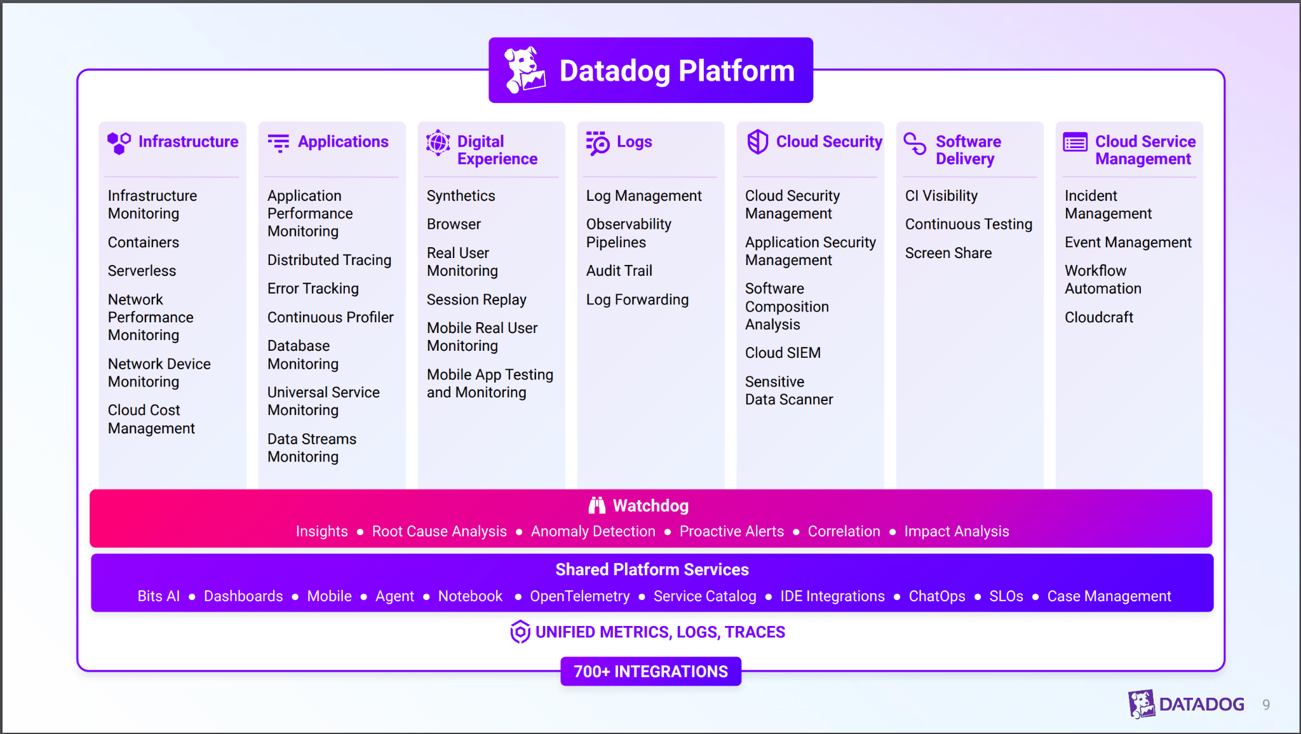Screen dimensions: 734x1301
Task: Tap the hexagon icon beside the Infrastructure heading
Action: point(119,143)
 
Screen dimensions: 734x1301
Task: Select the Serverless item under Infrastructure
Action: point(142,271)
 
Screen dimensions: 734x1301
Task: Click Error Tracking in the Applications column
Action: point(313,289)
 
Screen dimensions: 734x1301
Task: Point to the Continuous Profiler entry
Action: point(330,317)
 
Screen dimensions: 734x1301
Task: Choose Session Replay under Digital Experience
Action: point(476,299)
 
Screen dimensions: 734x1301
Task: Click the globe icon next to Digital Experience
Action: point(438,142)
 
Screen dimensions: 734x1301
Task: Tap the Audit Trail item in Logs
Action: point(619,271)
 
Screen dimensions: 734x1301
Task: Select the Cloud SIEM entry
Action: point(783,353)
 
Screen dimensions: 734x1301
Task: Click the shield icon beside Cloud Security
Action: point(757,142)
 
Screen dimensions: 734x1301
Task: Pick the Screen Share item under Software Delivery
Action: point(948,253)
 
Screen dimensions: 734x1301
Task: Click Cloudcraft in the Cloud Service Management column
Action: point(1098,317)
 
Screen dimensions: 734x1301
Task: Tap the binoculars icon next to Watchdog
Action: point(597,505)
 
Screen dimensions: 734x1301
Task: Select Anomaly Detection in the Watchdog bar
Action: point(593,531)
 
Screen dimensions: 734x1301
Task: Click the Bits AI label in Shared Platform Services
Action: point(158,596)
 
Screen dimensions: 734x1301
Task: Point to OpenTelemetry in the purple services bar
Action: point(579,596)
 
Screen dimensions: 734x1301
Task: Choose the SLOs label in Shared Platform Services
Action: point(1006,596)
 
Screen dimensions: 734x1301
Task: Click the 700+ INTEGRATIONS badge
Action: point(650,671)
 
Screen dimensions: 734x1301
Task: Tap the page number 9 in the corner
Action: point(1265,704)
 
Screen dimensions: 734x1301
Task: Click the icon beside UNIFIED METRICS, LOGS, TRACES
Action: point(520,632)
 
